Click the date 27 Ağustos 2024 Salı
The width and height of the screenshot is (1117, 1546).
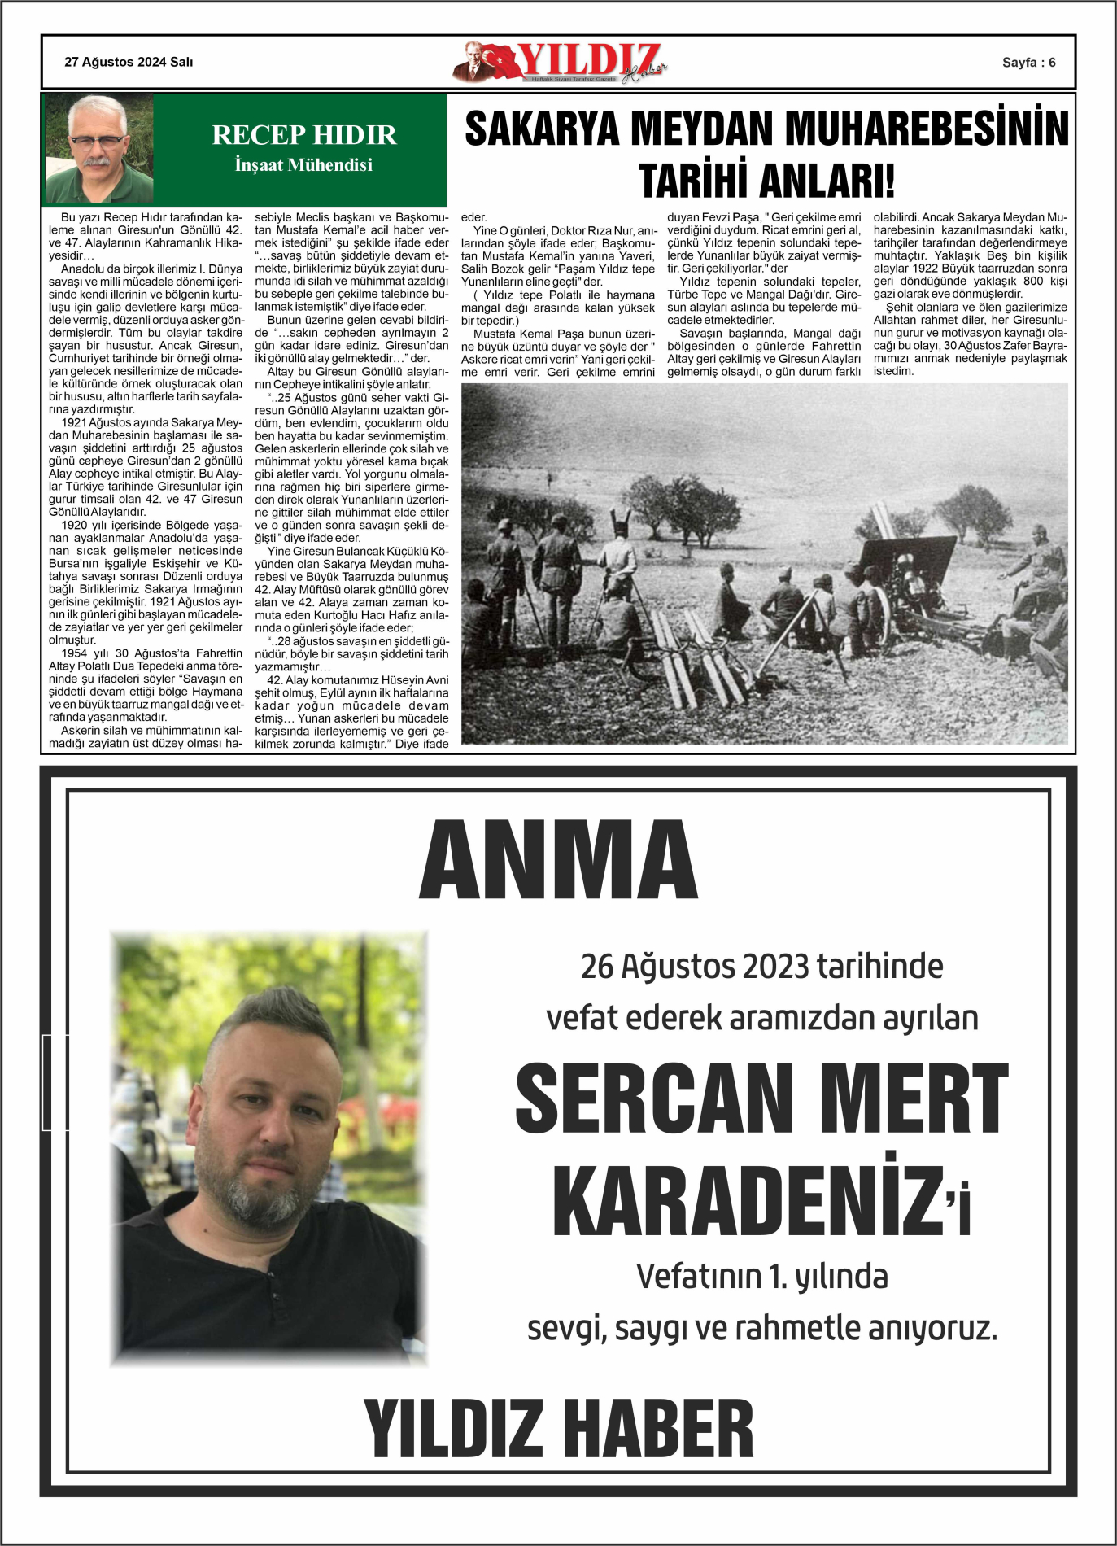129,62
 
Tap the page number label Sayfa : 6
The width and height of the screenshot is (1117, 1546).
1028,63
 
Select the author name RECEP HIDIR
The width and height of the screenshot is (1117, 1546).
303,134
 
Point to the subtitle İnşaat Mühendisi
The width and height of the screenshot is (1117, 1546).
303,165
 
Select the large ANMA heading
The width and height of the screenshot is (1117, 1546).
558,860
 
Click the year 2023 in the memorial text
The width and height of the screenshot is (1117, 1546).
775,967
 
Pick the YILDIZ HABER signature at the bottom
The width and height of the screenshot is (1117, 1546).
558,1429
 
